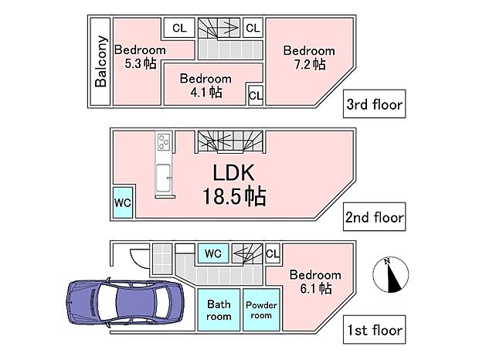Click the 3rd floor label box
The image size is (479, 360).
[x=375, y=104]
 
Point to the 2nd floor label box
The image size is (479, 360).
[x=375, y=217]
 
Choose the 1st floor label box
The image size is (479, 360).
[x=375, y=331]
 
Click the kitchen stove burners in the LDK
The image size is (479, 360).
[x=165, y=143]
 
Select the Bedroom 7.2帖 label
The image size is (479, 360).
[x=308, y=57]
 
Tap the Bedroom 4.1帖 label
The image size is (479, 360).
[x=206, y=85]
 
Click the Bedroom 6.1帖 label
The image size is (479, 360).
[x=314, y=282]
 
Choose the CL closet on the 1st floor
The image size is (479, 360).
[x=272, y=253]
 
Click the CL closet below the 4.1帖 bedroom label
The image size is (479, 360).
[x=256, y=96]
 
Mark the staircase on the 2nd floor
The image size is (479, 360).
[x=229, y=142]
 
